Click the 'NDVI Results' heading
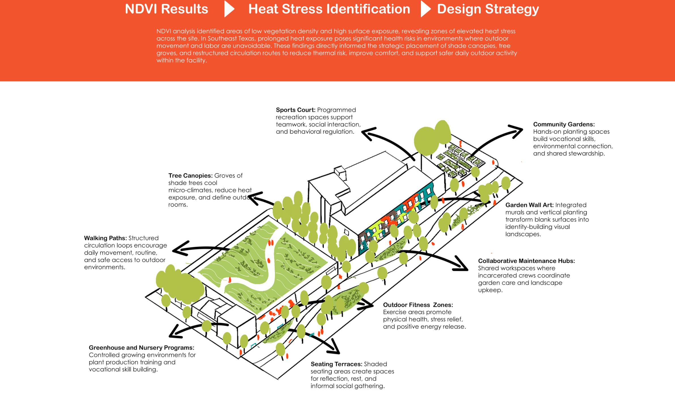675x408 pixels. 167,9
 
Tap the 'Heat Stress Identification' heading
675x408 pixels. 329,9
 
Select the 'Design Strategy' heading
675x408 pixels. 488,9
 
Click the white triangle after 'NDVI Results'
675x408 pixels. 229,9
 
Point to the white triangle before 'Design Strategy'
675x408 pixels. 425,9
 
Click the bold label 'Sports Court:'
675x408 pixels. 295,110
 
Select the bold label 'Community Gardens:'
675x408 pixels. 564,124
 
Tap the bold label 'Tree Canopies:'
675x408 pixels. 190,176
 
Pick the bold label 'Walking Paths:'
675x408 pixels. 105,238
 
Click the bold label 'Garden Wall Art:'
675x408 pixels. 529,205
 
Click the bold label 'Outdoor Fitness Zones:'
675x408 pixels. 418,305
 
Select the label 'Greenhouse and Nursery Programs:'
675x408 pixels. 141,348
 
